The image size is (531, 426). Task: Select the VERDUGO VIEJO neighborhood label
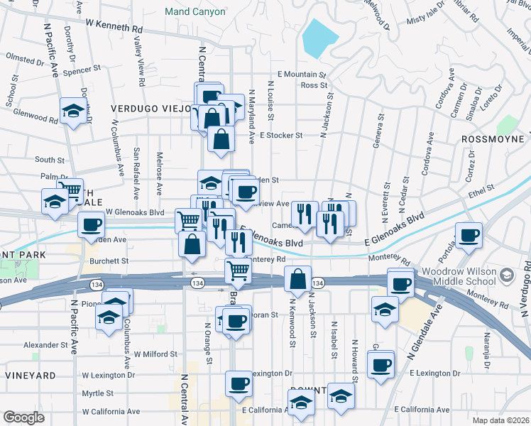pos(149,108)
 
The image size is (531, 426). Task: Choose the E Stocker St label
pos(281,134)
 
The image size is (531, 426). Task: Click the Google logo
pos(23,417)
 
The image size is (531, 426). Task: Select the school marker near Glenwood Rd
pos(72,111)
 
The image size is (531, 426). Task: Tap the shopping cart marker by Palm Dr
pos(70,190)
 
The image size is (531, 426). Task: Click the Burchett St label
pos(109,261)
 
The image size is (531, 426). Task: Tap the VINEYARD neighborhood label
pos(30,375)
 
